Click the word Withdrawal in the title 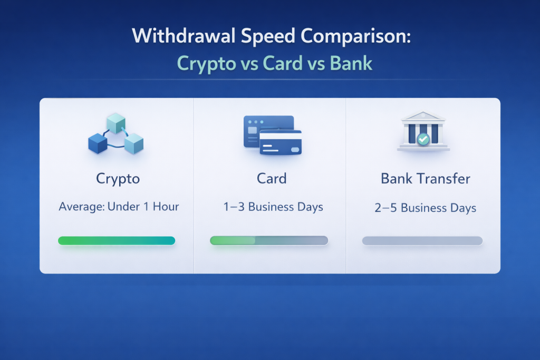[184, 35]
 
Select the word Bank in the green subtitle [351, 63]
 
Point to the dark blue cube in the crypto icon [98, 143]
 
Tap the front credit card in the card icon [281, 142]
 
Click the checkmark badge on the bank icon [423, 139]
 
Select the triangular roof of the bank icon [423, 116]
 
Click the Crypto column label [118, 179]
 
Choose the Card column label [272, 179]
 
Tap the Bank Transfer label [426, 179]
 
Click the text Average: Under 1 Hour [119, 207]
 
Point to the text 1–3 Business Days [273, 207]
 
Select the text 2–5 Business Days [426, 208]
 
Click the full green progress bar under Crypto [117, 240]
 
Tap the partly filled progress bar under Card [269, 240]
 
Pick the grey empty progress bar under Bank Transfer [422, 241]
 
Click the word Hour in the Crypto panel [166, 207]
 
